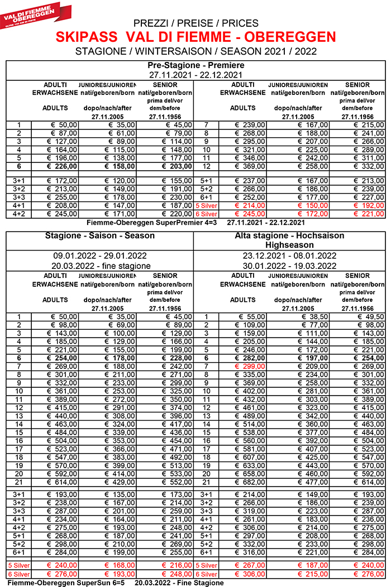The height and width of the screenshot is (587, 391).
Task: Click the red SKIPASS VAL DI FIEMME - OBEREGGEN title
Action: click(196, 37)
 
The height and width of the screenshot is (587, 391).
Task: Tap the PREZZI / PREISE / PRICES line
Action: click(196, 23)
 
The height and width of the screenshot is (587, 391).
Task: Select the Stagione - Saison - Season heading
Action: click(99, 235)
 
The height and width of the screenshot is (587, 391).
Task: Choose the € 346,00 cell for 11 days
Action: click(250, 158)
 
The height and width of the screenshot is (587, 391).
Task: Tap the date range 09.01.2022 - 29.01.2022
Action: click(99, 256)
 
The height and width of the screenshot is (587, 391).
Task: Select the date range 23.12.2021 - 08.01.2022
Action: click(289, 256)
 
